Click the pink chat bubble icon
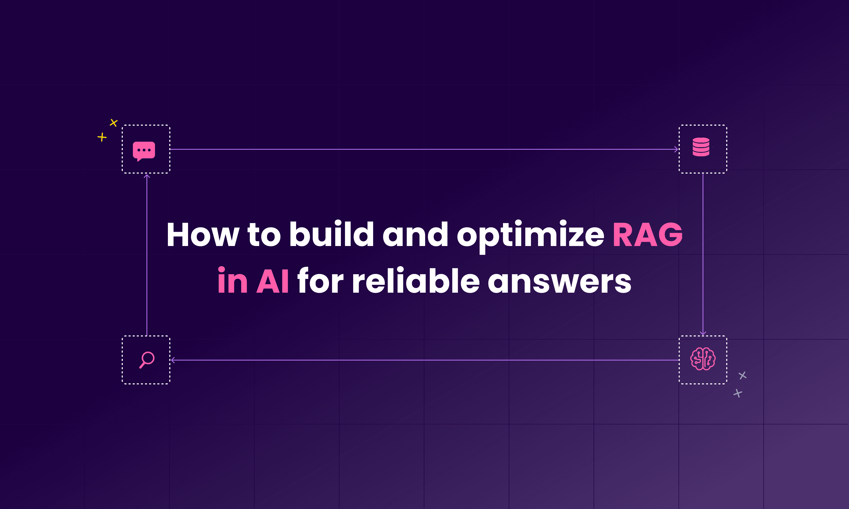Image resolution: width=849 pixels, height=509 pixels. click(x=144, y=151)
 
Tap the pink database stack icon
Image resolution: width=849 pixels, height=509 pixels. click(x=701, y=147)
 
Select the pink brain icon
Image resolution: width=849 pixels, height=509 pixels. click(x=703, y=359)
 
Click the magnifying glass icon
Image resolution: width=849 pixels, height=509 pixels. click(x=147, y=359)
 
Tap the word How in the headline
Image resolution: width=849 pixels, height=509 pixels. click(x=202, y=235)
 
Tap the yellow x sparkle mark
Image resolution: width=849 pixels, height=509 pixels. click(x=114, y=122)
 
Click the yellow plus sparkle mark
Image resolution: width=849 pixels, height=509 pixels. click(x=102, y=137)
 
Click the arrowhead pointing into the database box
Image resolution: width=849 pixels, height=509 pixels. click(x=676, y=149)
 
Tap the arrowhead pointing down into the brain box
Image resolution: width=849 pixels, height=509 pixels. click(x=703, y=333)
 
